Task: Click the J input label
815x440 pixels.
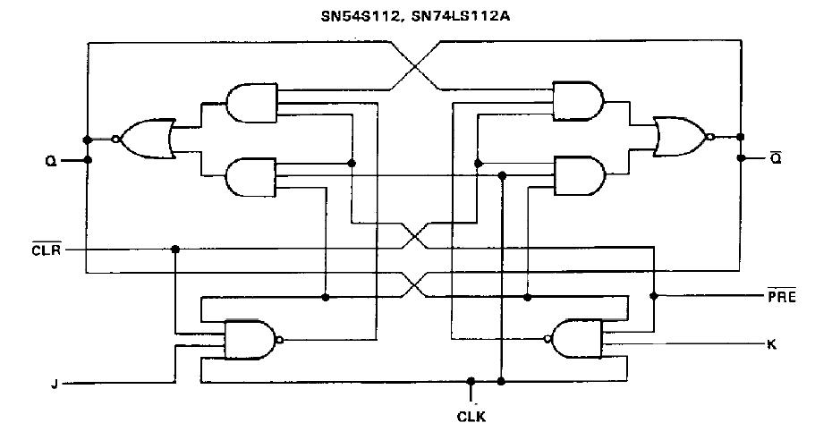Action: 55,385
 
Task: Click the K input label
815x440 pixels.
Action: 771,343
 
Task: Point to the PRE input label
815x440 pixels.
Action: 780,294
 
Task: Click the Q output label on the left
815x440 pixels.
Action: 51,161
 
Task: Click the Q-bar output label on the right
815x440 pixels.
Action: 776,158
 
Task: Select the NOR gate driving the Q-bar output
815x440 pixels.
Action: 680,136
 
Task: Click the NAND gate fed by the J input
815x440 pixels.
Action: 250,340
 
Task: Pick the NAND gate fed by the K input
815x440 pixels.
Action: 576,339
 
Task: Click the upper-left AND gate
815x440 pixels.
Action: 252,104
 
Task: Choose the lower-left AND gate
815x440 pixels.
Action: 252,176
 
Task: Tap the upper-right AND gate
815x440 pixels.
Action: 578,100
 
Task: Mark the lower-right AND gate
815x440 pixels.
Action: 578,175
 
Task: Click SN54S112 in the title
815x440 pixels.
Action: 357,15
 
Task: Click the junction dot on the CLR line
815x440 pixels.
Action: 175,249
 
